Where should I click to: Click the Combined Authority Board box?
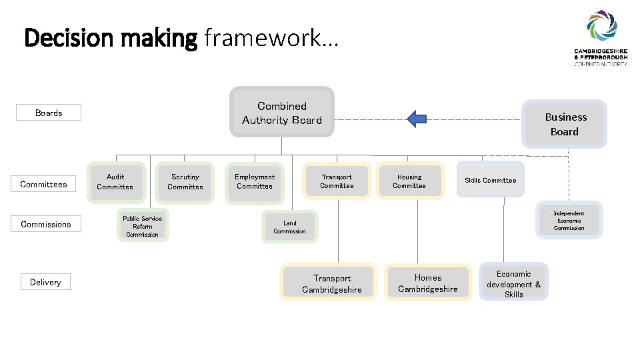click(282, 113)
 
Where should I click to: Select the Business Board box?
click(565, 124)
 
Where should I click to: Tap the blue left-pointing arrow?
click(417, 119)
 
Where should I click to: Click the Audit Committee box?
click(115, 182)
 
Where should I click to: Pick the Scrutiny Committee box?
click(185, 182)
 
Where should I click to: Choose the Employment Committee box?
click(255, 182)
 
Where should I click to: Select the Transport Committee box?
click(337, 182)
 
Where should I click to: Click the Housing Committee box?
click(409, 182)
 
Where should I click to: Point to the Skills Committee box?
click(491, 181)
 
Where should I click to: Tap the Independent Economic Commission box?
click(569, 221)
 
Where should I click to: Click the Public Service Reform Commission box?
click(142, 227)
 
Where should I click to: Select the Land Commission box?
click(289, 227)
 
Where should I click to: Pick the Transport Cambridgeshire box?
click(331, 283)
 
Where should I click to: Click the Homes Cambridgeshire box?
click(427, 283)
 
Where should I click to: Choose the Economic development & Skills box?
click(513, 283)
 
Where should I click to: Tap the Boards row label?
click(49, 113)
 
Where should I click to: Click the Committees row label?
click(43, 184)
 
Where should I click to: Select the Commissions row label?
click(45, 224)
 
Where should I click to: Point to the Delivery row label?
click(45, 282)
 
